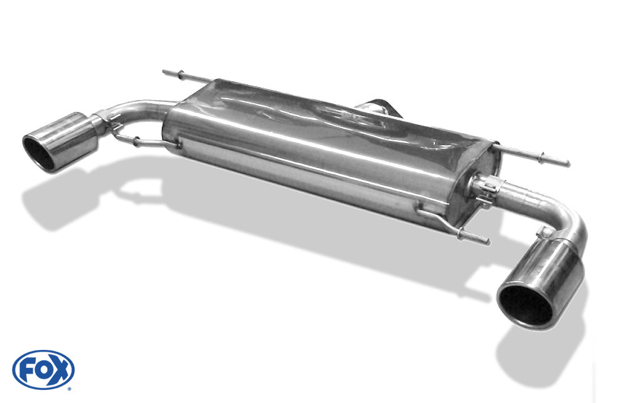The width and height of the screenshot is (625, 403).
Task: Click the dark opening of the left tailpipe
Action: click(39, 154)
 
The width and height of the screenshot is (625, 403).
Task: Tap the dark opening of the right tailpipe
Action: click(526, 305)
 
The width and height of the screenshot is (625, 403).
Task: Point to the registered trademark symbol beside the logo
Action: click(69, 388)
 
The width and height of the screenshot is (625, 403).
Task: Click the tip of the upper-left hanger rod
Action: click(163, 72)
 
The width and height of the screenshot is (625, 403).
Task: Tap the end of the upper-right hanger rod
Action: click(568, 164)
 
